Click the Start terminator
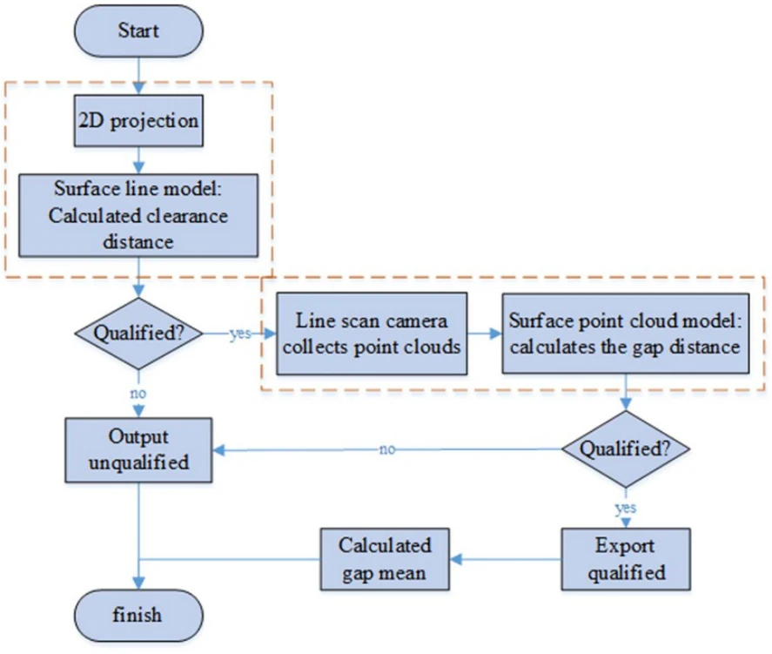pos(138,31)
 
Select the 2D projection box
pos(138,121)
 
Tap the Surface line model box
pos(138,215)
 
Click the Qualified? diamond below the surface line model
pos(138,334)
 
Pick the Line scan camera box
pos(372,334)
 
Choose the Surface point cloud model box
pos(625,334)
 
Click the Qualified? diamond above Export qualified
pos(625,449)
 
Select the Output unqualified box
pos(138,449)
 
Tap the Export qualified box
pos(626,559)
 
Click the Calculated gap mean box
pos(385,559)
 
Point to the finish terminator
pos(138,616)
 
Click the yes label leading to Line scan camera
pos(240,334)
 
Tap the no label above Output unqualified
pos(138,394)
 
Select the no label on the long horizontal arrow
pos(387,449)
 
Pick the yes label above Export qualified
pos(626,508)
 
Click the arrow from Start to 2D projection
pos(139,76)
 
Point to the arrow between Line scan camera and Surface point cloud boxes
pos(485,334)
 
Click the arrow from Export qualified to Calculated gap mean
pos(506,559)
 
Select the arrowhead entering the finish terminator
pos(139,583)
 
